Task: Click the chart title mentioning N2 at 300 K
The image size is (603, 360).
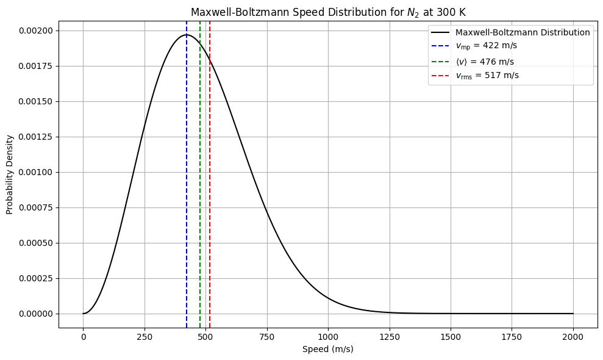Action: click(x=328, y=12)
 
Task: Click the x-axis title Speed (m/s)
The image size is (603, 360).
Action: click(x=328, y=349)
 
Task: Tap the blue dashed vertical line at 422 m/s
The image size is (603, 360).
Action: click(x=187, y=183)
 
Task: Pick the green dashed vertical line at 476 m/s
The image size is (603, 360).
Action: click(x=200, y=183)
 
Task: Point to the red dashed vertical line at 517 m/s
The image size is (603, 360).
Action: click(x=210, y=183)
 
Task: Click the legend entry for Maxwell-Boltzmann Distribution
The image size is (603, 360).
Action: click(x=522, y=32)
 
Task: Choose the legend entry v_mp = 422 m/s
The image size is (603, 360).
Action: click(x=486, y=46)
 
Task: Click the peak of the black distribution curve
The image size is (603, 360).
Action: click(x=187, y=35)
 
